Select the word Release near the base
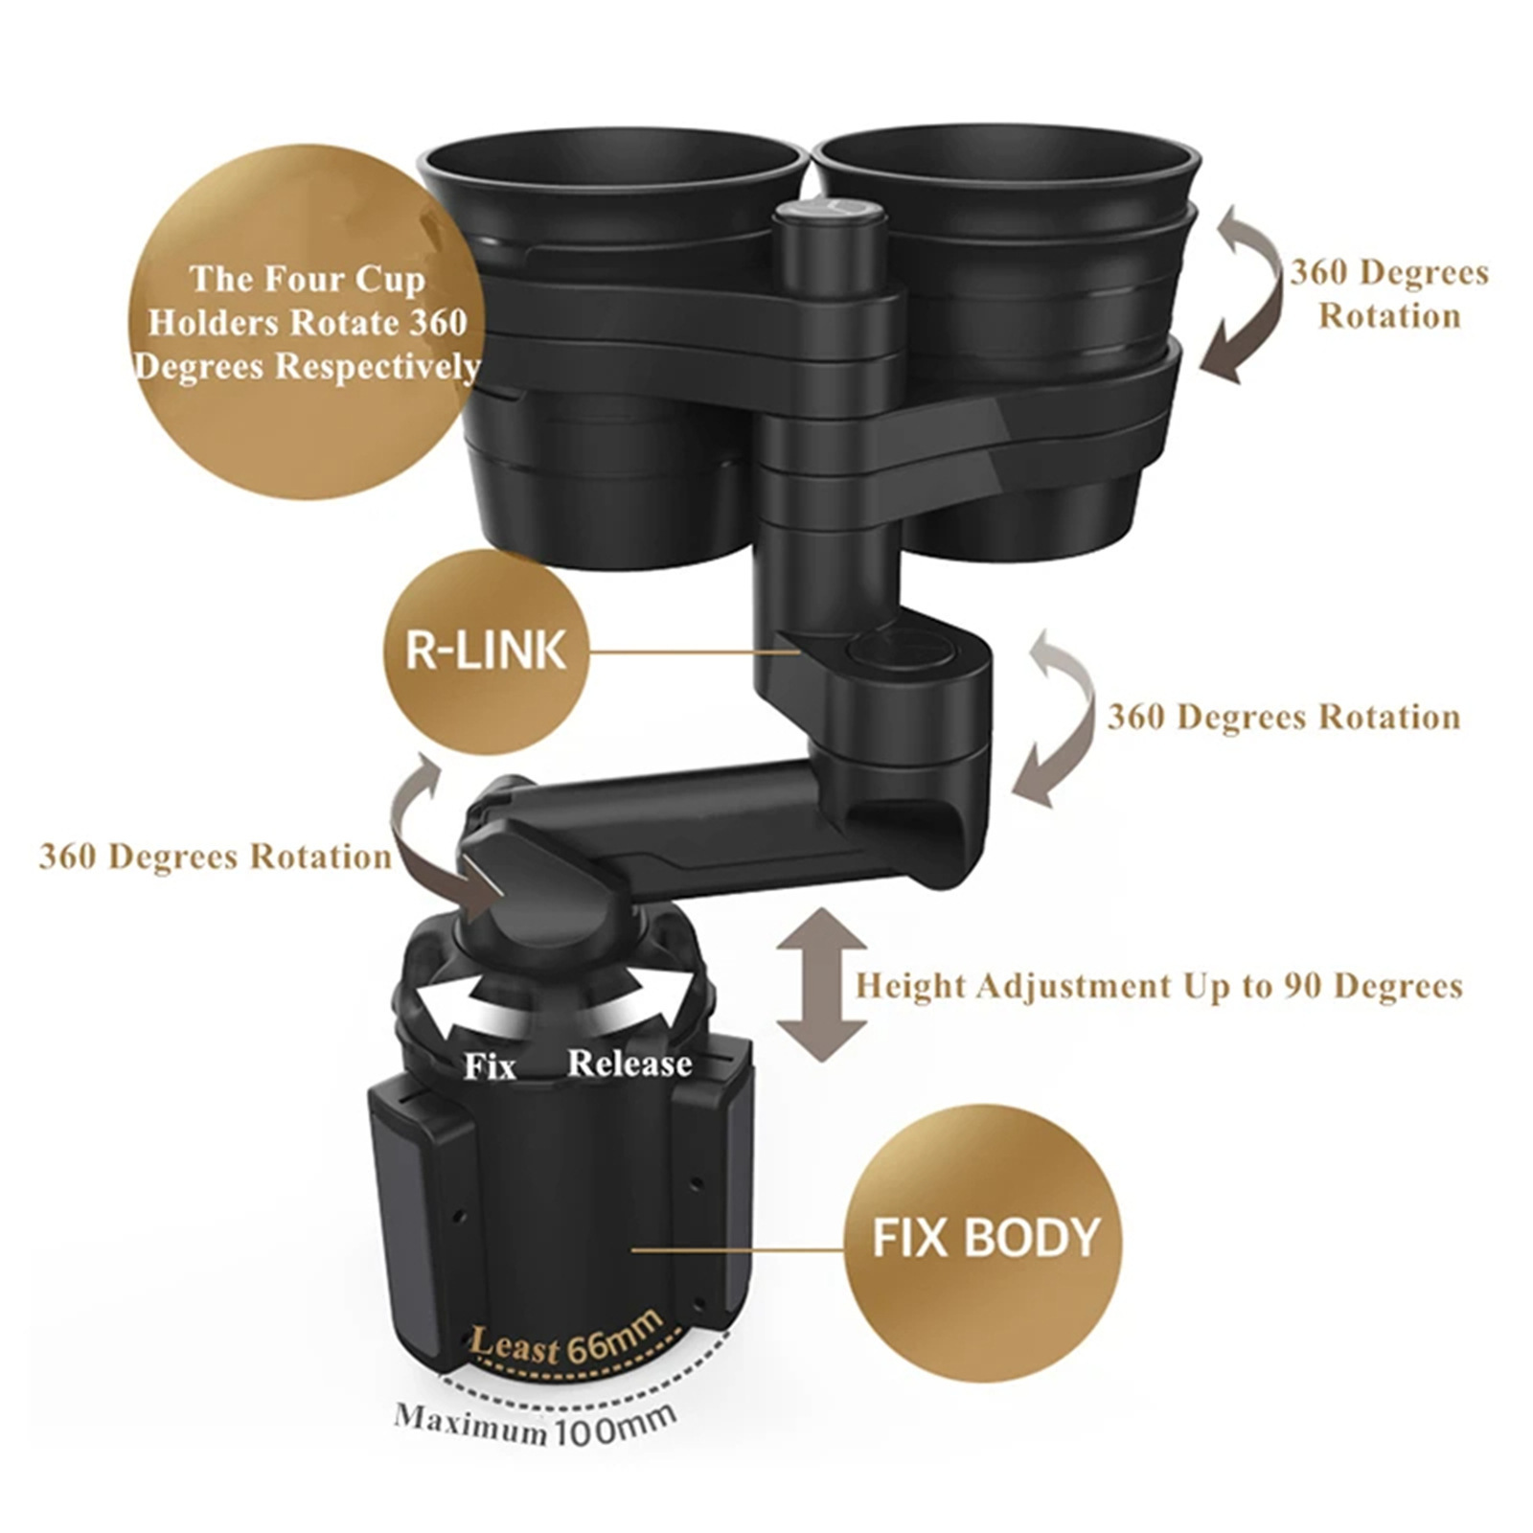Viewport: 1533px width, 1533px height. pos(629,1064)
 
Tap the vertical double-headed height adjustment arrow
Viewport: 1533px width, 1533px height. pos(821,985)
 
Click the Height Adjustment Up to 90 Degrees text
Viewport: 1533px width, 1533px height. pos(1158,986)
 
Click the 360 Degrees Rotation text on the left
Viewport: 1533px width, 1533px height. pos(215,857)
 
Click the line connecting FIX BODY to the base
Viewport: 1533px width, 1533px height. pos(738,1249)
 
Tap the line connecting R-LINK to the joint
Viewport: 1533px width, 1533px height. pos(695,652)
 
